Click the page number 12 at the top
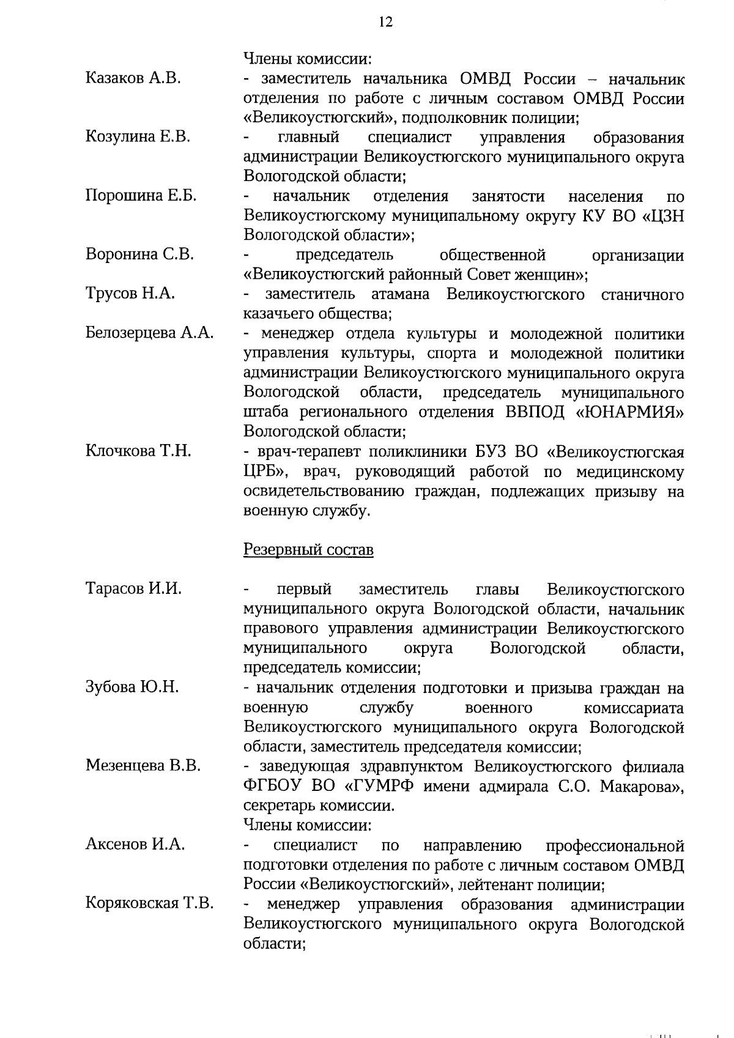pos(385,22)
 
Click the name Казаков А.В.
pos(133,78)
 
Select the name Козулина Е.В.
pos(138,136)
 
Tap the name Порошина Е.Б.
pos(141,196)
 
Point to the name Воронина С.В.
pos(139,254)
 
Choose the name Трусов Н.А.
pos(130,294)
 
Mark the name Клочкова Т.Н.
pos(138,451)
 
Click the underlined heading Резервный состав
pos(308,549)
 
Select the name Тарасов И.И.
pos(133,588)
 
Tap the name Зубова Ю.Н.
pos(132,687)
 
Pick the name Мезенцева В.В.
pos(143,765)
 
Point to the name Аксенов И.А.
pos(135,844)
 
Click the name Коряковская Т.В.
pos(149,903)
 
